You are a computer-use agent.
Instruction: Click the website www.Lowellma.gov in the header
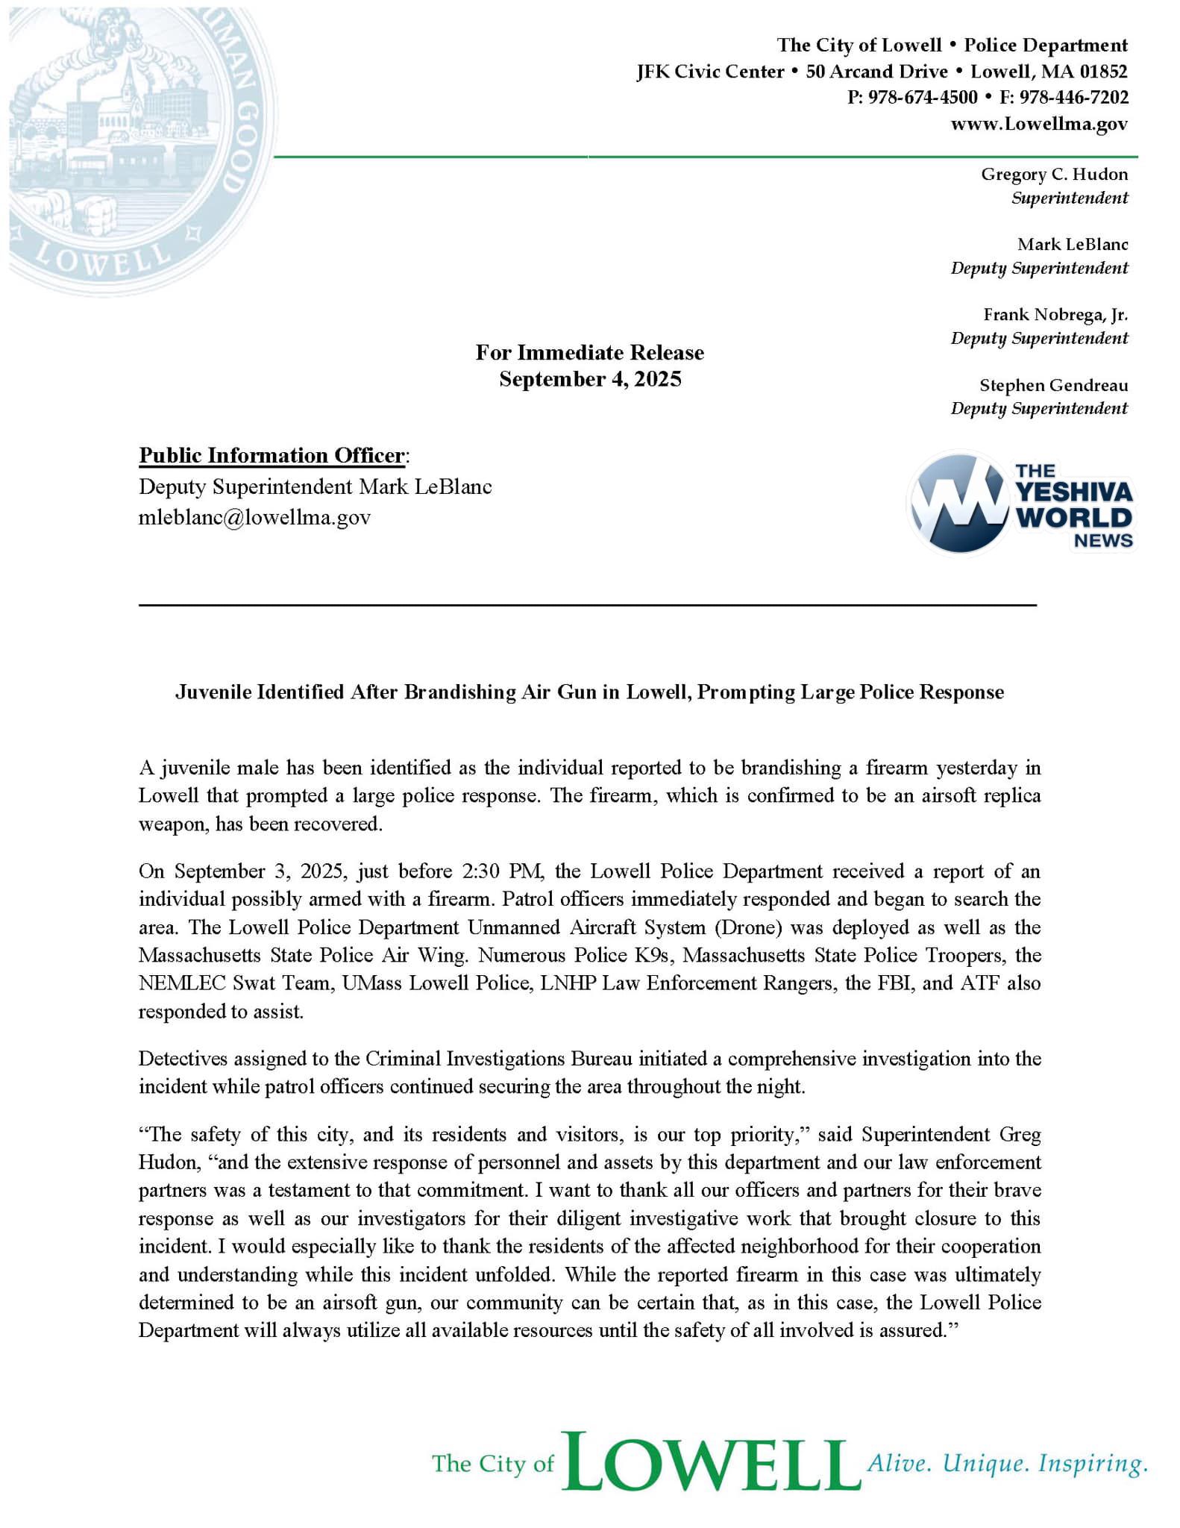1038,124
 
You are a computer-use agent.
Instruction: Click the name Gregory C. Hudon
1054,175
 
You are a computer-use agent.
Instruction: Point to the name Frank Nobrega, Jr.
1055,315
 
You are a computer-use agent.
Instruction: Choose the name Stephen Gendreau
1053,386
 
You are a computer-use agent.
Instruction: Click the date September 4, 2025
590,380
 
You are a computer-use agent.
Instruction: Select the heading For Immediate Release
590,353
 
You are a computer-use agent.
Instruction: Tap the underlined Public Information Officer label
272,456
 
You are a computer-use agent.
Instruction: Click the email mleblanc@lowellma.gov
254,518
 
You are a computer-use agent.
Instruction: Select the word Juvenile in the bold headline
213,692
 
